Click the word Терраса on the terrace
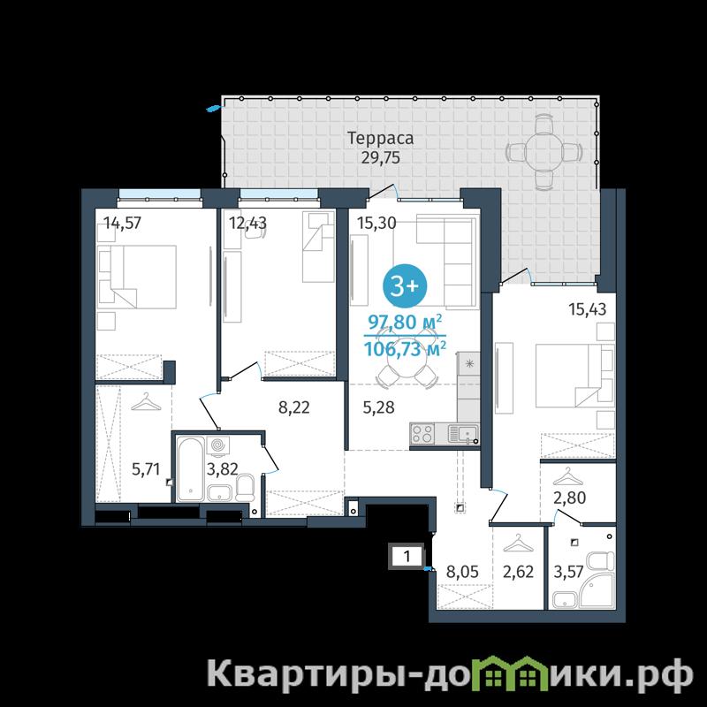coord(380,139)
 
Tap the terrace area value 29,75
coord(380,158)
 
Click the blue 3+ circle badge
coord(405,285)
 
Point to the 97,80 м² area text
coord(405,323)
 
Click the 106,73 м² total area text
coord(405,348)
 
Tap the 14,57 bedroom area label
coord(123,223)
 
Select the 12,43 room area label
coord(247,223)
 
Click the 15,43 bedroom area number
coord(587,309)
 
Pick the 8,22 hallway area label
coord(294,407)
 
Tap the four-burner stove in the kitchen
coord(422,433)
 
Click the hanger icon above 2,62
coord(518,544)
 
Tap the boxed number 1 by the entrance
coord(407,557)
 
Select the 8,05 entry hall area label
coord(462,572)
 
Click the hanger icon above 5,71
coord(146,402)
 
